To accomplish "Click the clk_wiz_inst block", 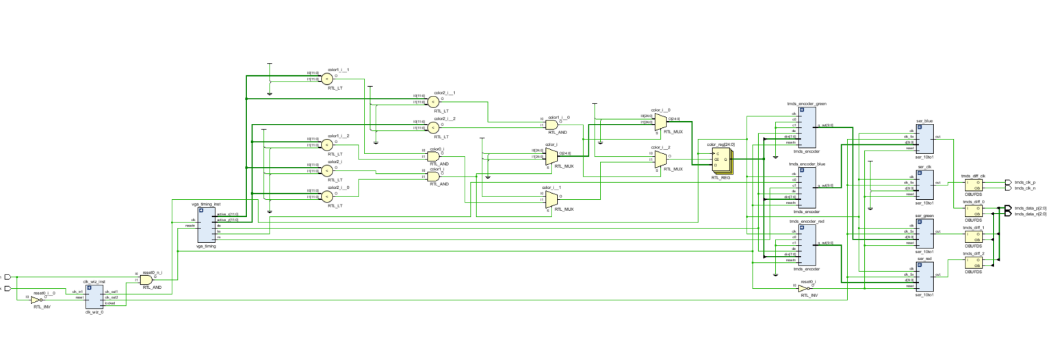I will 94,296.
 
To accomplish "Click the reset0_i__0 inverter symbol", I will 36,299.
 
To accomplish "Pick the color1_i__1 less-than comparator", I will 326,78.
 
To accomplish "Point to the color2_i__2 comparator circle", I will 432,127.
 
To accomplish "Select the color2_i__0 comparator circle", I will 326,196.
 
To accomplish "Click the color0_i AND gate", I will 433,156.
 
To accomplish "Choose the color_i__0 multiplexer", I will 660,121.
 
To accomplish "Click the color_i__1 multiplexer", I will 551,198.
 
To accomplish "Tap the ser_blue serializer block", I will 924,139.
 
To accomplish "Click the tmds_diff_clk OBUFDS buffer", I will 973,185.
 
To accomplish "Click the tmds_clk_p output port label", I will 1024,183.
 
